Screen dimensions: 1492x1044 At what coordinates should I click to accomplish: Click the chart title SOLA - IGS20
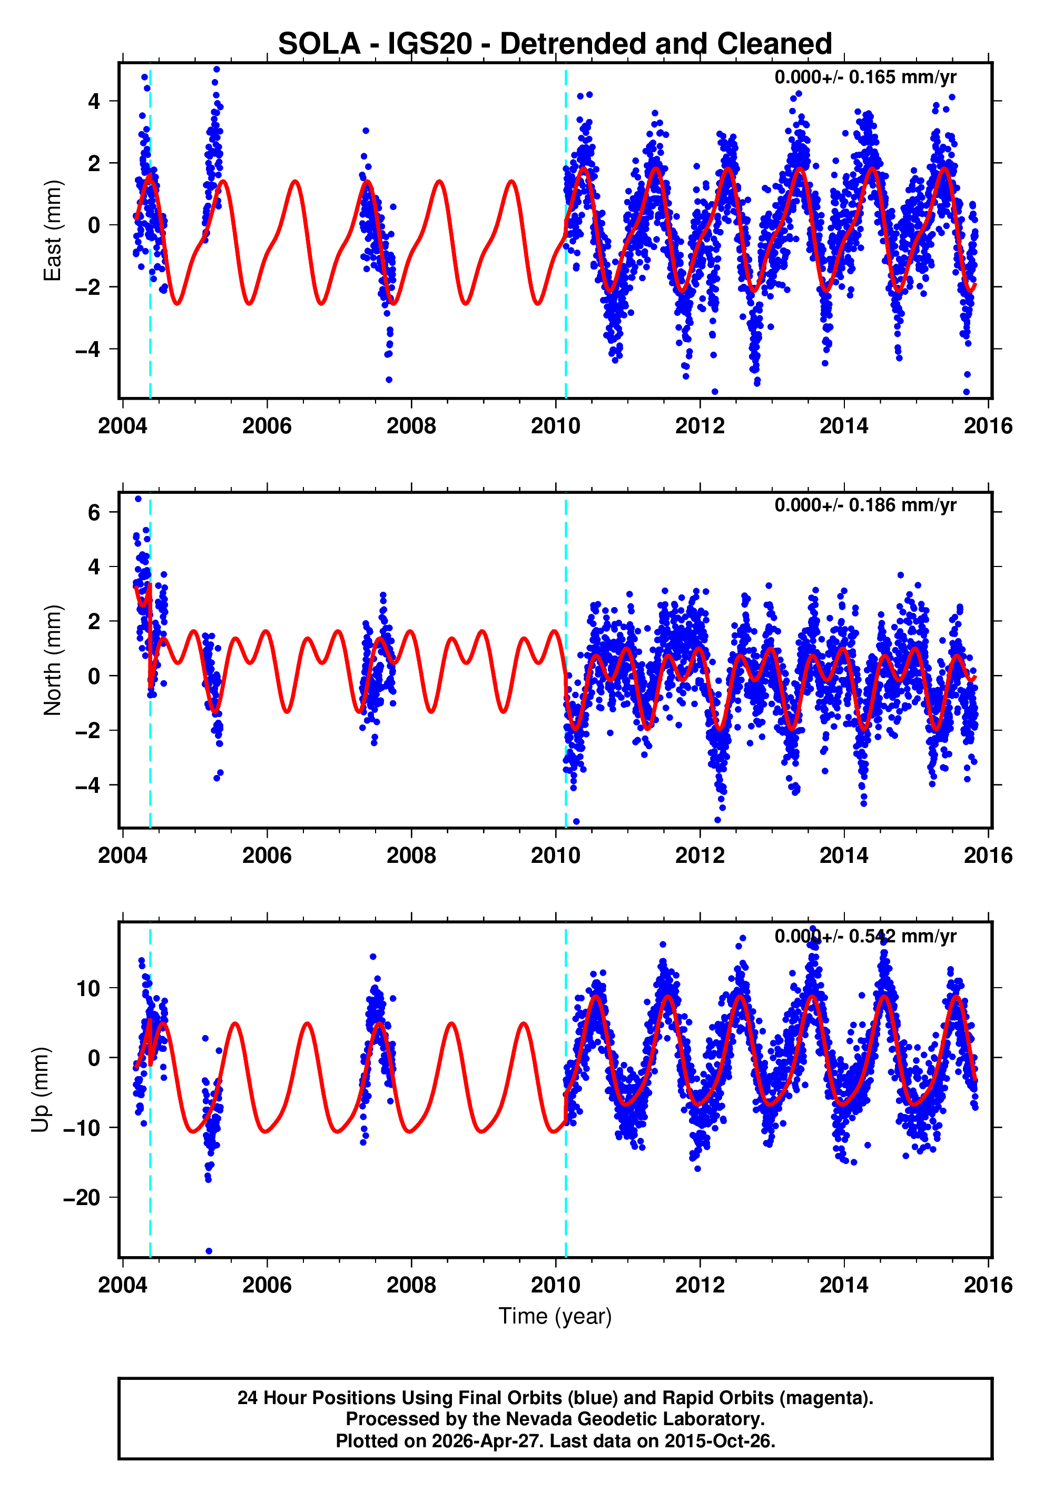555,44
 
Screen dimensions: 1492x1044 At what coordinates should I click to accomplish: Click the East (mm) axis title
52,231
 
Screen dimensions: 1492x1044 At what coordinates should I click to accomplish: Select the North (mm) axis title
52,660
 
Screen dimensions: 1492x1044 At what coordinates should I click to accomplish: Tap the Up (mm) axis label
41,1090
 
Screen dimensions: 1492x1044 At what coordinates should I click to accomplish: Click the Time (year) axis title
555,1316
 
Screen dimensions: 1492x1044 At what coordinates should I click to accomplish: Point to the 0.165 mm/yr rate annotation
864,77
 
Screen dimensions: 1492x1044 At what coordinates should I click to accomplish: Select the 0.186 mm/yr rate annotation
864,505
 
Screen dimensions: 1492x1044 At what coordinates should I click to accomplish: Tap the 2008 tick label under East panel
411,426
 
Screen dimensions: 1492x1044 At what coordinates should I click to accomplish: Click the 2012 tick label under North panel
700,855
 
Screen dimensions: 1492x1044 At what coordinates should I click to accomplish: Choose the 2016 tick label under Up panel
988,1285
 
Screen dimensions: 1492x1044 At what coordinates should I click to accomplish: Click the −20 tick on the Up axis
82,1198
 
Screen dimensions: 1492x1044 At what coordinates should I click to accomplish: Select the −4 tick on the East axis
88,350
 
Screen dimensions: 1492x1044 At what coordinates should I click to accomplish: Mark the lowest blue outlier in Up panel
209,1251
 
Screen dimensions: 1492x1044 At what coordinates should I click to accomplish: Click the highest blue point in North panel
138,499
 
